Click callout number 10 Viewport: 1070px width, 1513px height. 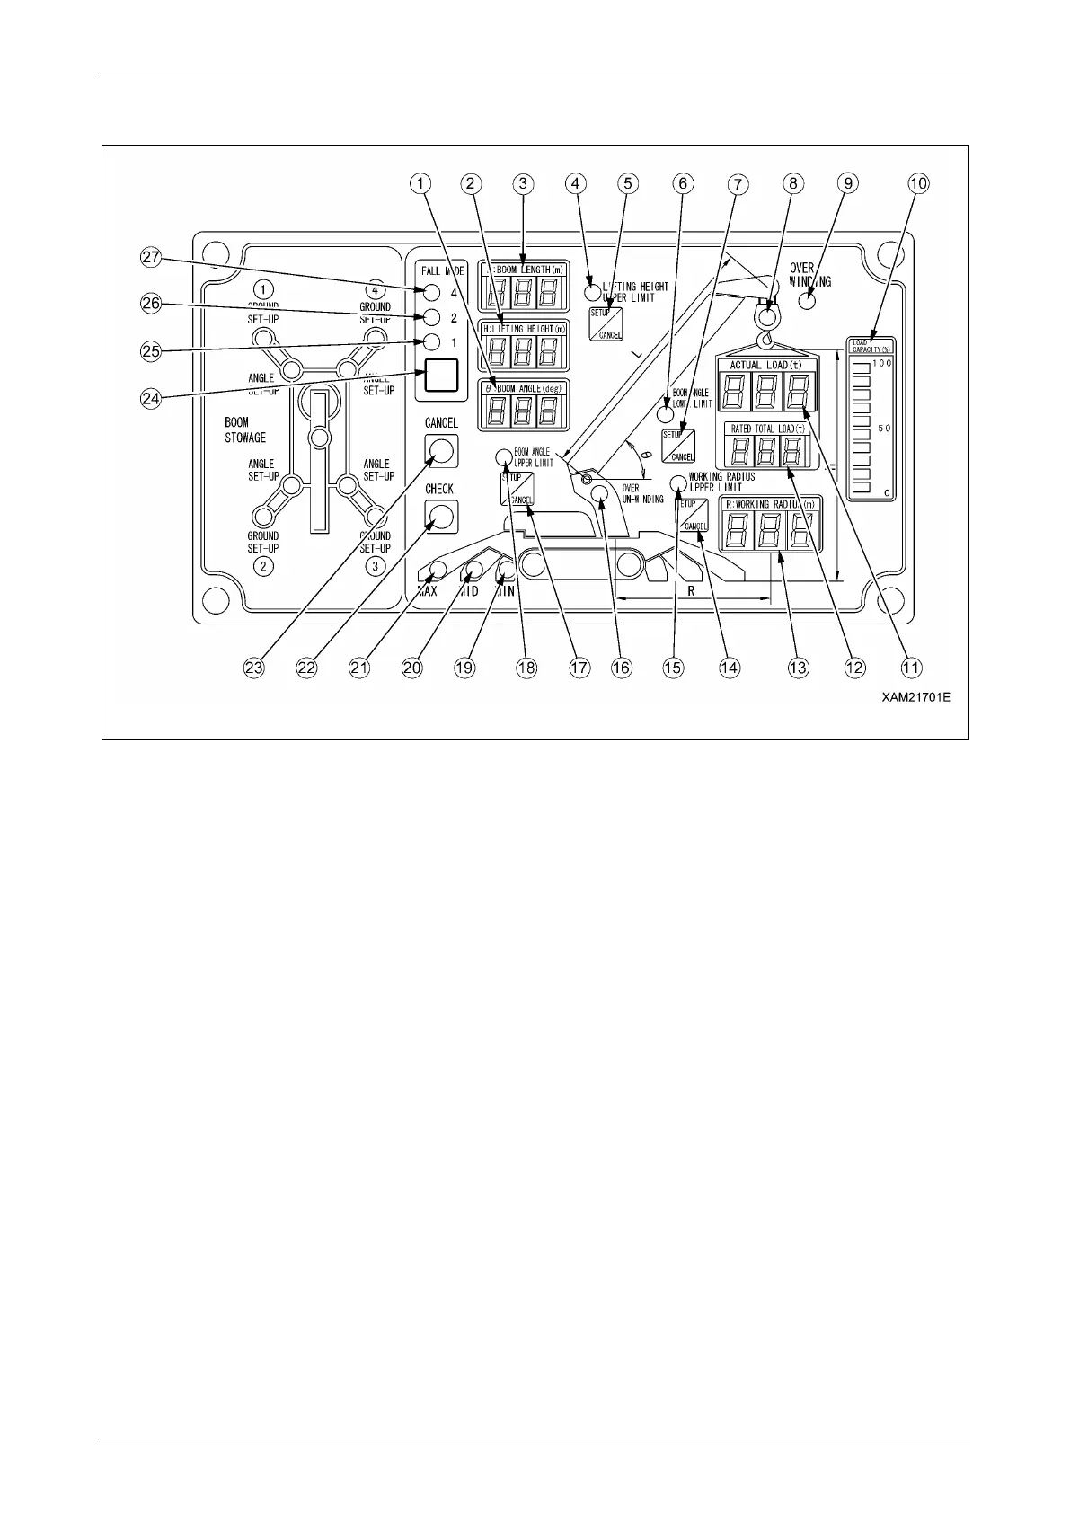pos(918,183)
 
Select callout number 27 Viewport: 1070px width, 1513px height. pos(151,258)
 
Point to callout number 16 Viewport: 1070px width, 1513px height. pos(621,668)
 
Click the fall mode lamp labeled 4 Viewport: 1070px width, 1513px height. pos(432,292)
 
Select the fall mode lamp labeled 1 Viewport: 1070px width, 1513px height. pos(432,342)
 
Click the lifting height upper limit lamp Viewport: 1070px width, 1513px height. pos(592,291)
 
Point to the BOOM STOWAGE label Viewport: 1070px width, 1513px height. pos(244,429)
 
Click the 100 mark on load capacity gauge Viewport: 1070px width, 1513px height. pos(881,363)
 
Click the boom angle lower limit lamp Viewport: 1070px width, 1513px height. pos(665,415)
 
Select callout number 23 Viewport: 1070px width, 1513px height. pos(255,668)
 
